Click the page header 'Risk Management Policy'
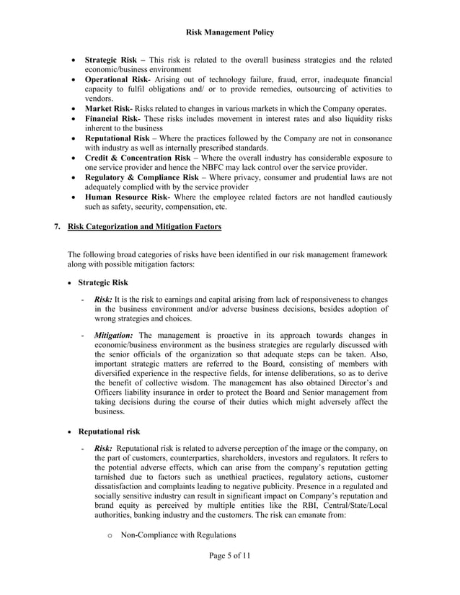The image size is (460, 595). coord(230,32)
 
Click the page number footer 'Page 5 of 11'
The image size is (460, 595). coord(230,555)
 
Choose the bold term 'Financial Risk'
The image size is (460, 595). coord(113,118)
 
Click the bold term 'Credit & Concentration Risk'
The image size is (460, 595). coord(138,157)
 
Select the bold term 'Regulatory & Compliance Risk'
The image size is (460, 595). coord(141,176)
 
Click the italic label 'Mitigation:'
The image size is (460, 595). coord(113,335)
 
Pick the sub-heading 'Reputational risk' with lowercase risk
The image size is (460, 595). coord(109,431)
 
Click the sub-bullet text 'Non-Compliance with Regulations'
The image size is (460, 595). coord(178,535)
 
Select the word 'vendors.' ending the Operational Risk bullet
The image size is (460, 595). coord(99,99)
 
